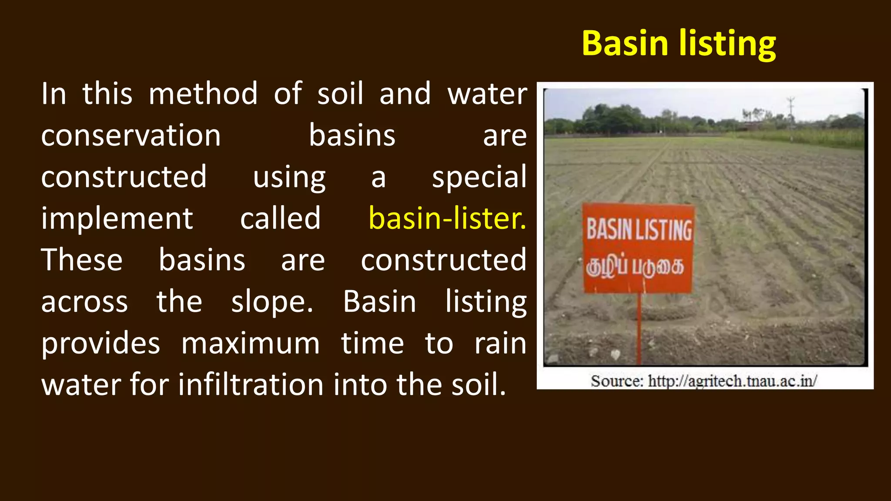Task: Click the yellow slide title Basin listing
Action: [x=679, y=44]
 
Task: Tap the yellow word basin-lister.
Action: [x=447, y=218]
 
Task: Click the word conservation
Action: [x=131, y=136]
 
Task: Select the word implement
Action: [x=117, y=218]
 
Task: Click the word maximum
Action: [x=251, y=343]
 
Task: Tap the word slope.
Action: [x=271, y=302]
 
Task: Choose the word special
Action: [x=479, y=177]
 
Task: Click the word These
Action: [x=82, y=260]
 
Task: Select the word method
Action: [x=203, y=94]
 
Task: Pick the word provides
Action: [x=100, y=343]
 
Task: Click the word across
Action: [x=84, y=302]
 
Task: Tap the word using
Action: [x=289, y=177]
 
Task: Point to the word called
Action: [x=280, y=218]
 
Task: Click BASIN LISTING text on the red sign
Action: [x=639, y=230]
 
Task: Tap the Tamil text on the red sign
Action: [x=635, y=266]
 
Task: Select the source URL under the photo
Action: [x=704, y=381]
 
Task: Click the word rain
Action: [x=500, y=343]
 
